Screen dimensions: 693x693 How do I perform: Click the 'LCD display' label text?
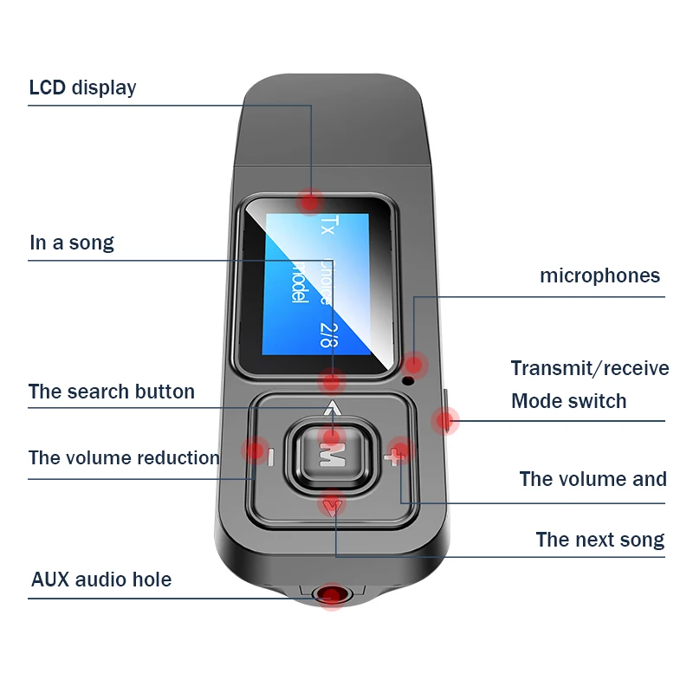coord(82,87)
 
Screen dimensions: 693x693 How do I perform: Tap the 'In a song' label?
coord(71,243)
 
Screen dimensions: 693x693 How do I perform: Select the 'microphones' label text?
coord(599,276)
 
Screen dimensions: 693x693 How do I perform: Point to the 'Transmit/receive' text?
coord(589,368)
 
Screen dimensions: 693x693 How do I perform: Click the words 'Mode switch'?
coord(568,401)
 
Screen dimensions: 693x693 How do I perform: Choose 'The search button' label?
coord(111,392)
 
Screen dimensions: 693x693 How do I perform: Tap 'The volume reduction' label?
coord(124,458)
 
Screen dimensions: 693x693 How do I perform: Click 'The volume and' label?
coord(593,479)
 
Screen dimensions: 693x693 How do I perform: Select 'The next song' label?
coord(599,540)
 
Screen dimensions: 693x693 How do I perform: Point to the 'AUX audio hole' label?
coord(101,580)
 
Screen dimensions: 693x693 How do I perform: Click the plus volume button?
coord(397,455)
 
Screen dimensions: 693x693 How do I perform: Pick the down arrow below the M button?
coord(333,505)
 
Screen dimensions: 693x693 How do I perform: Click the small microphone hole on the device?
coord(409,378)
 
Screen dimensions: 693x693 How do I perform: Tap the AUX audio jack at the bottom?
coord(330,595)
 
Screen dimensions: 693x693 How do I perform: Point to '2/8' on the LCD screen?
coord(326,334)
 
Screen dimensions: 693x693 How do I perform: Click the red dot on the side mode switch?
coord(445,421)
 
